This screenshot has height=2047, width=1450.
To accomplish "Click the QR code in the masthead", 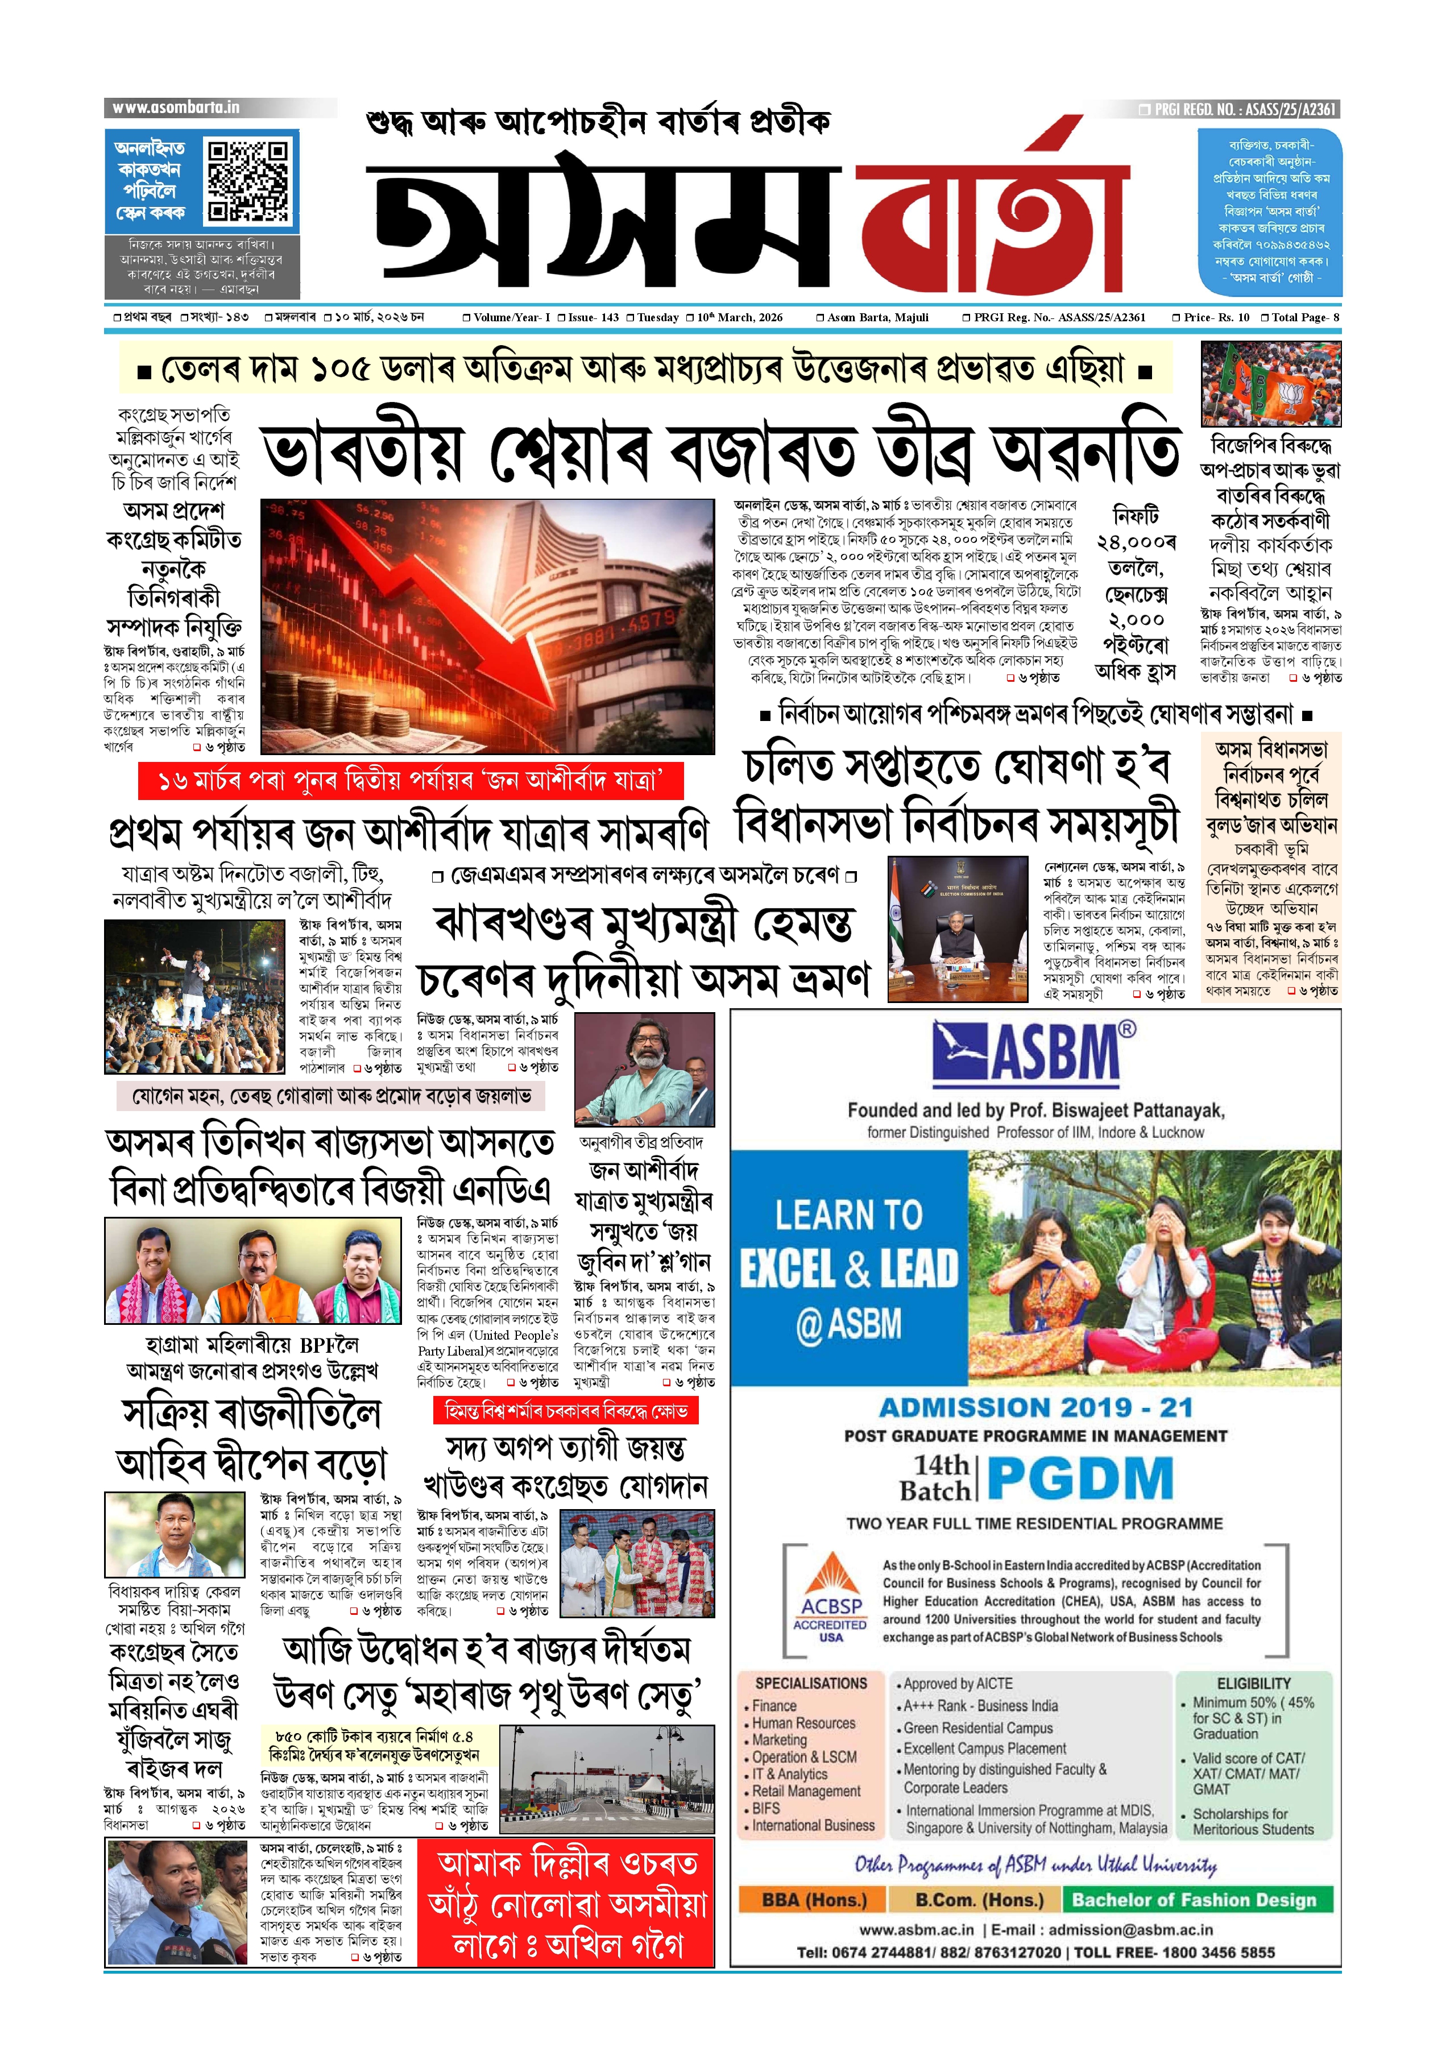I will (x=248, y=180).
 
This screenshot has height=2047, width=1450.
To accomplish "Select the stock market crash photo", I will (x=487, y=626).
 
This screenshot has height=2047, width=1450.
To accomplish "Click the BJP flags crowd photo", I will (x=1270, y=384).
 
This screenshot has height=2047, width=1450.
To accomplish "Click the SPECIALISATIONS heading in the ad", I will (x=811, y=1683).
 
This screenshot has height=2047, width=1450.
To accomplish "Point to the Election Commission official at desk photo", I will (x=958, y=929).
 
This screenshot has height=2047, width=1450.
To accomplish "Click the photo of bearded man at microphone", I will (x=644, y=1068).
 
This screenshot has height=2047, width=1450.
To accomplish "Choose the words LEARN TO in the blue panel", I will (x=848, y=1215).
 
